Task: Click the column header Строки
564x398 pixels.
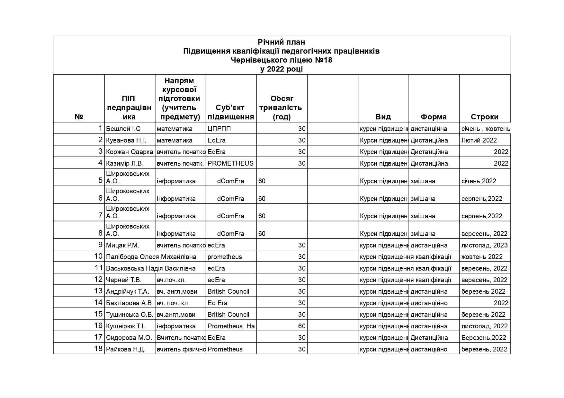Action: [484, 117]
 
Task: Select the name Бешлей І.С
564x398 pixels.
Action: [123, 129]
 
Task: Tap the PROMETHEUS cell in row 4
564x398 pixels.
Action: [230, 163]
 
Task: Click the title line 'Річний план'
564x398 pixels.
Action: [282, 42]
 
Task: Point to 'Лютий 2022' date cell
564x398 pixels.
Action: [479, 140]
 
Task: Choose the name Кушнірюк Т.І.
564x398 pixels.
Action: [126, 326]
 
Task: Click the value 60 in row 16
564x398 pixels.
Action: [301, 326]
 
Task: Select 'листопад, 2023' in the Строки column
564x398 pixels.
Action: [484, 245]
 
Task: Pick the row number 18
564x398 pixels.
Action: [98, 349]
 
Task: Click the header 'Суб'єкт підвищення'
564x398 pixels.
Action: [230, 112]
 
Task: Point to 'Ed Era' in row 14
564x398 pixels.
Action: [218, 303]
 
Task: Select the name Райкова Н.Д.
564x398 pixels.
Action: [126, 349]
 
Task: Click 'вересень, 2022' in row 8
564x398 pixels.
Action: [484, 234]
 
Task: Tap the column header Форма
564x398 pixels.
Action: [434, 117]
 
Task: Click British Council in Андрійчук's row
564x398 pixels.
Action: [228, 291]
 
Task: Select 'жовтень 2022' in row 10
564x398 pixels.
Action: [482, 257]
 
